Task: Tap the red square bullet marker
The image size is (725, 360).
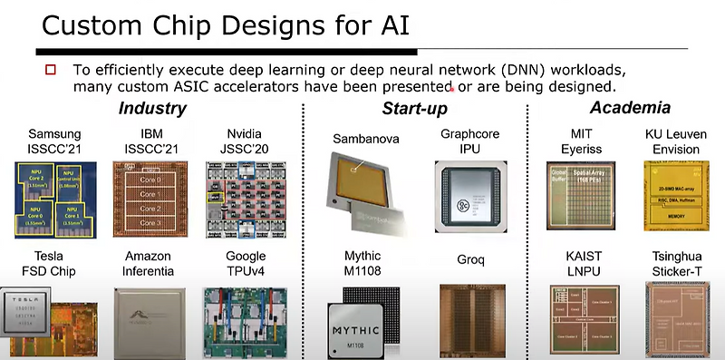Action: click(x=51, y=70)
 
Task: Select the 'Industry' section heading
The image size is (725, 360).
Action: click(x=152, y=110)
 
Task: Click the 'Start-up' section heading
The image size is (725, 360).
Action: click(x=413, y=111)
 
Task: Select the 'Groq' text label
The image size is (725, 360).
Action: click(x=469, y=260)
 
